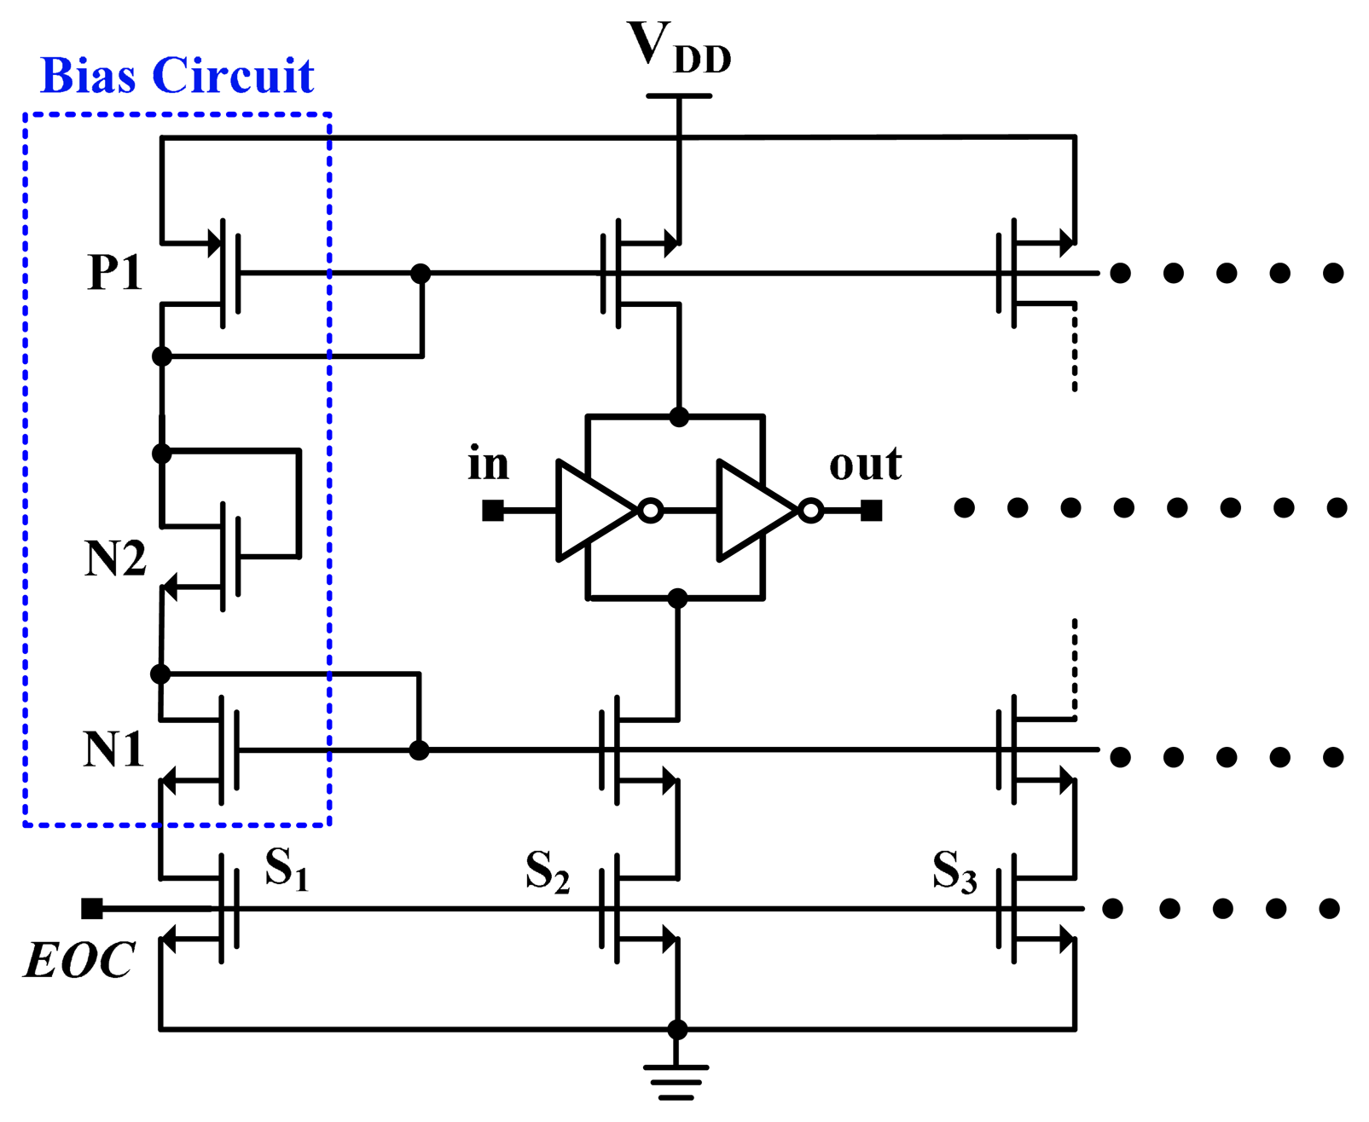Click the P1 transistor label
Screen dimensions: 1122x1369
[x=114, y=274]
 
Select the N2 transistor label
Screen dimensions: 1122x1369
[x=115, y=559]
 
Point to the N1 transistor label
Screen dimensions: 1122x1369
[x=113, y=750]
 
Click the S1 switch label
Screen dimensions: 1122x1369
[x=286, y=869]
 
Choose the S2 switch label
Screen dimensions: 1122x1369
[x=547, y=871]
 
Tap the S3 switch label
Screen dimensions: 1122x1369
[x=954, y=871]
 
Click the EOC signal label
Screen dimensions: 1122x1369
[x=78, y=961]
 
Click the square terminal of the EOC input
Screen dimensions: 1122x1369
[x=92, y=909]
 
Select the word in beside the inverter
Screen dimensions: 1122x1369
[x=488, y=465]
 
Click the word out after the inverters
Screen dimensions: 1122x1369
[x=865, y=465]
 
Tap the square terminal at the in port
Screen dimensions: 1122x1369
[x=492, y=511]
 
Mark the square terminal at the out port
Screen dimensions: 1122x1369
[x=871, y=511]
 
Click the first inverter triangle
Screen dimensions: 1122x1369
[x=593, y=511]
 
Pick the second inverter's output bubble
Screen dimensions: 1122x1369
[x=811, y=512]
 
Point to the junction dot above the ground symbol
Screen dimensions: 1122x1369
[x=677, y=1029]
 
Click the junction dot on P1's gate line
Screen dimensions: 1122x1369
[x=421, y=274]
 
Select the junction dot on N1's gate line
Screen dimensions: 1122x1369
[x=419, y=750]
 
